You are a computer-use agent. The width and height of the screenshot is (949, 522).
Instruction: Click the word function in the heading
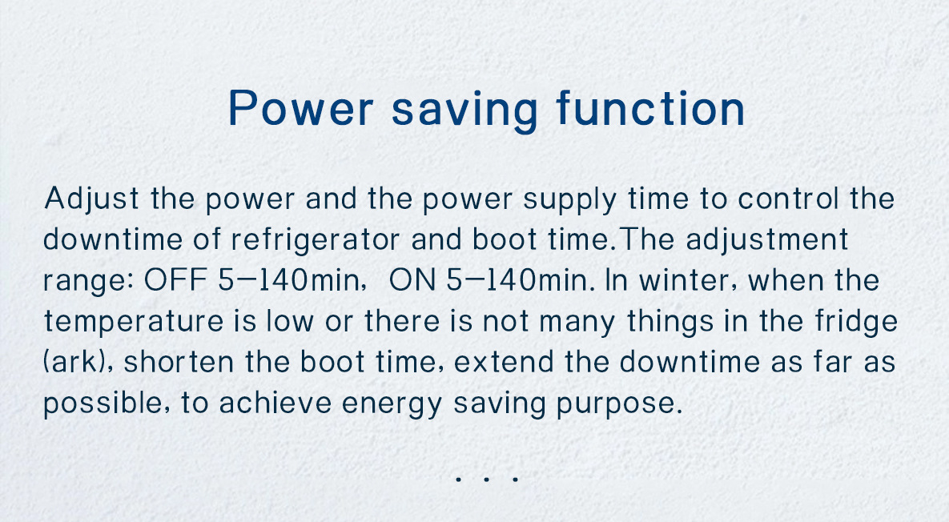click(x=650, y=109)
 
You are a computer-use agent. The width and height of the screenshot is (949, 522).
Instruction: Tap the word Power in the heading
click(x=301, y=109)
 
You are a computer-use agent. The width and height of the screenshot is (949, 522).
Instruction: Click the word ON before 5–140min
click(x=412, y=281)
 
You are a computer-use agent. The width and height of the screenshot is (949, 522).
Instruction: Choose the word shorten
click(x=179, y=363)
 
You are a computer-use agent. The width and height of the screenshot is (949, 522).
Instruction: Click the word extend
click(x=504, y=363)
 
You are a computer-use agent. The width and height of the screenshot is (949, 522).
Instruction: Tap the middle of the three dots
click(x=486, y=479)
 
